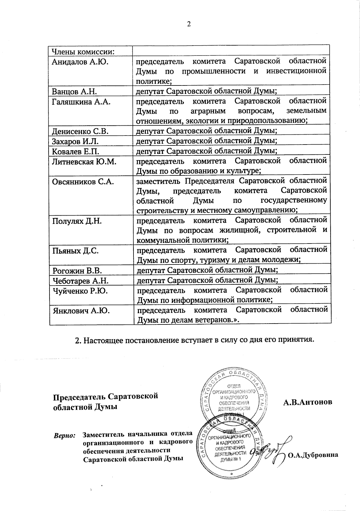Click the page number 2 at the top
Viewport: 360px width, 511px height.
coord(189,24)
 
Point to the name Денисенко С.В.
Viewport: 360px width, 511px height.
coord(80,131)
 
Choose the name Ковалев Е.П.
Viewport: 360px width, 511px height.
coord(75,151)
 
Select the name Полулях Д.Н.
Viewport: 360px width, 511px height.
coord(77,221)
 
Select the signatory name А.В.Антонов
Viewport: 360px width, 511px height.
coord(308,402)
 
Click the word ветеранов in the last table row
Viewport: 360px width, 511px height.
coord(208,320)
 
